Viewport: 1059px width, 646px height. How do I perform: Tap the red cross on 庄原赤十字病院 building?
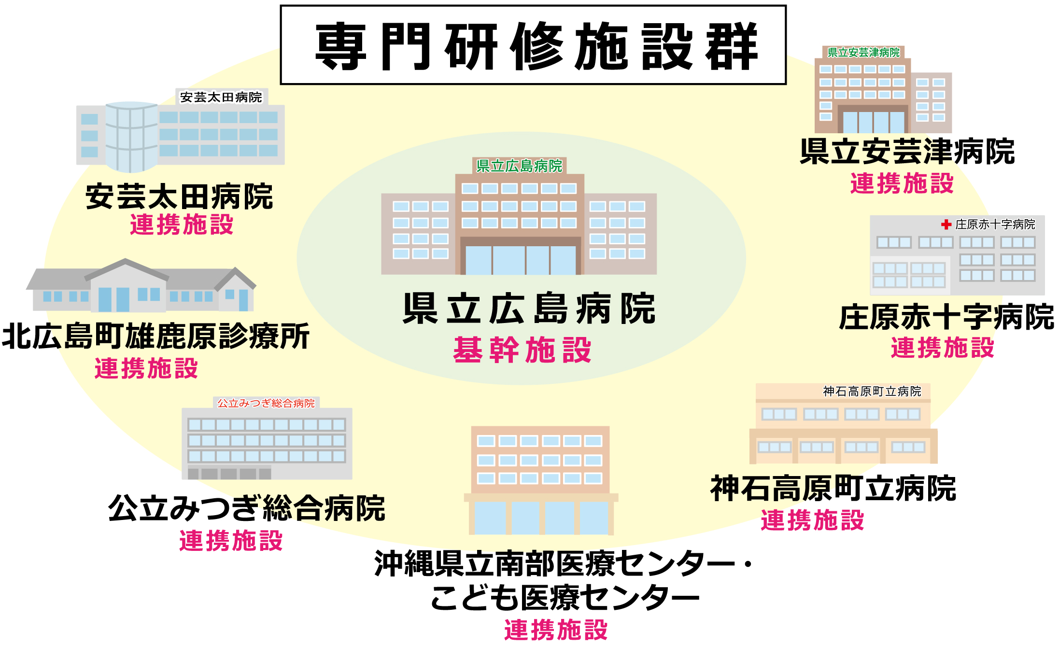pos(946,225)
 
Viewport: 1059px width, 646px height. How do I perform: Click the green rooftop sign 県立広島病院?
pos(519,166)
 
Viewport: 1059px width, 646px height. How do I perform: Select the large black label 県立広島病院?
pos(529,309)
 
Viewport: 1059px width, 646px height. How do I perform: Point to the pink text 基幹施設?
pos(522,350)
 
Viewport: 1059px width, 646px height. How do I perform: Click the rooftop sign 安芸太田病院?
pos(221,98)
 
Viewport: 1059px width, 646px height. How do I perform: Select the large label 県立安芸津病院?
pos(907,152)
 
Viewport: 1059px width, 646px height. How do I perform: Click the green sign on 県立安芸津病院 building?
pos(863,53)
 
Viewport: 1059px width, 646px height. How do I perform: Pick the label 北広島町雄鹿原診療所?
pos(155,337)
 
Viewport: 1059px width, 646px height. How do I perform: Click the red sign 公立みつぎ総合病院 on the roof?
pos(266,403)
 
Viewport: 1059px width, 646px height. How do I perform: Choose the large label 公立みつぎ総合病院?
pos(246,509)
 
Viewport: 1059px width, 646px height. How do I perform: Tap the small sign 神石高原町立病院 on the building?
pos(872,392)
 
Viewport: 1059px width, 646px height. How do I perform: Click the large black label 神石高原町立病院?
pos(833,489)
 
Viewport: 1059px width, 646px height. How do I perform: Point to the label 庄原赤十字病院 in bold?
pos(946,318)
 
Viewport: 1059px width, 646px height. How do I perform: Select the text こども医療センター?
pos(565,598)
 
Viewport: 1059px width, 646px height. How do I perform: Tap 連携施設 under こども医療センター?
pos(556,630)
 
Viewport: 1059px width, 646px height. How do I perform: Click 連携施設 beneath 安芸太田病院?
pos(182,225)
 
